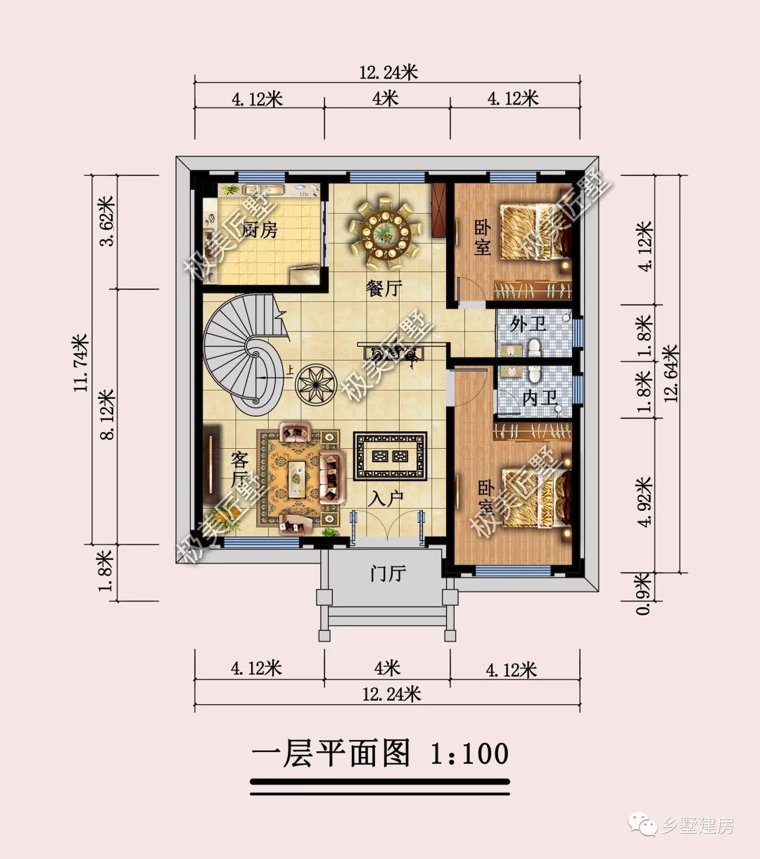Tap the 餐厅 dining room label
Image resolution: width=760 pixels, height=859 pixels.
(384, 288)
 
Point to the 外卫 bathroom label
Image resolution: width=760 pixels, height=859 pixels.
(528, 324)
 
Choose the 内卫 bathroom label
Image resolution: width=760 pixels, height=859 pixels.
(538, 399)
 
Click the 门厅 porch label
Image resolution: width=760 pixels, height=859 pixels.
(388, 573)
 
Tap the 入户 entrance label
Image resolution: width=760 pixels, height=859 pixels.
(386, 499)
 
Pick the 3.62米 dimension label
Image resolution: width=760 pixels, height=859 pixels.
(107, 222)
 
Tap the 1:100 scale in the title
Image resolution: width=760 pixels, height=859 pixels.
(469, 753)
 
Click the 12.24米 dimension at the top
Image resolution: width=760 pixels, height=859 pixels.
(388, 72)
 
